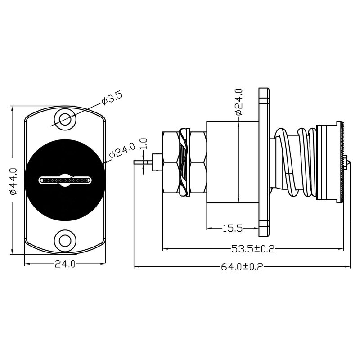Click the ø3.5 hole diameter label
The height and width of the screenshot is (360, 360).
point(112,98)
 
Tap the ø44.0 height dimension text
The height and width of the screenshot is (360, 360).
point(14,182)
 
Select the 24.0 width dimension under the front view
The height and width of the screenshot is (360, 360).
point(65,264)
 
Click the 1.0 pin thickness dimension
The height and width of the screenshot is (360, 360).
point(144,144)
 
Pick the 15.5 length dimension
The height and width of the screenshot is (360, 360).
point(233,228)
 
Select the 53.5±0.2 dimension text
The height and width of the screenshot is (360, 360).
point(253,249)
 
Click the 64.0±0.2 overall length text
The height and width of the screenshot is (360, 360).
point(242,267)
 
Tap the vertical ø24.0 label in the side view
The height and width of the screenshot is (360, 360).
point(239,102)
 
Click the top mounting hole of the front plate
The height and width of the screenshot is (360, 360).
point(65,119)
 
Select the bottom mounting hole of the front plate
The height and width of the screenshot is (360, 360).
point(65,241)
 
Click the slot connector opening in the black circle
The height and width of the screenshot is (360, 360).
point(65,180)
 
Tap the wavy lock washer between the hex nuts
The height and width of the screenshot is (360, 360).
point(184,162)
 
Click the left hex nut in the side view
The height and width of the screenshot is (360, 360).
point(171,162)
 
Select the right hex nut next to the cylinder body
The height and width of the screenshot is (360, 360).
point(199,162)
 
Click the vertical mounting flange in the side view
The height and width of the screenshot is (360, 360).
point(264,162)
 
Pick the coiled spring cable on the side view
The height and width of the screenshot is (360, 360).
point(296,162)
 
